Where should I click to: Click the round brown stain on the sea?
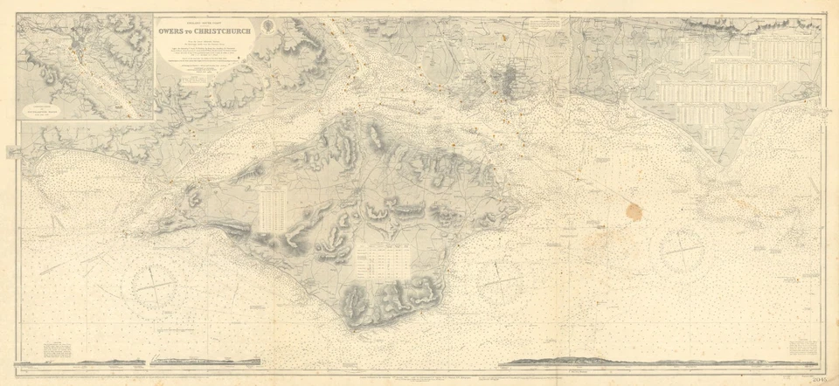[633, 211]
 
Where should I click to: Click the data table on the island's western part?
[273, 210]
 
